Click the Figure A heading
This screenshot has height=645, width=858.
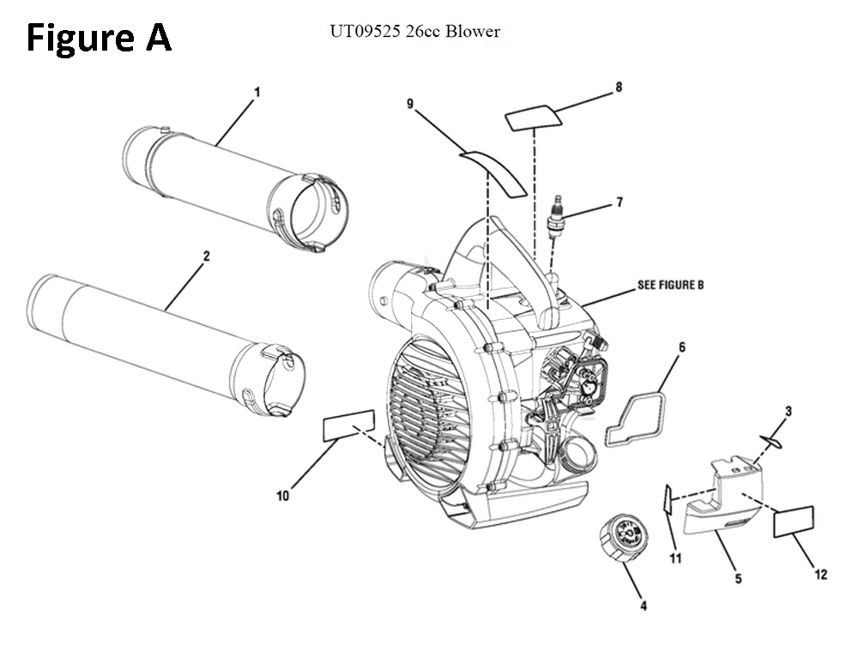click(x=99, y=39)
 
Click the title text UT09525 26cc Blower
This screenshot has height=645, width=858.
click(x=414, y=32)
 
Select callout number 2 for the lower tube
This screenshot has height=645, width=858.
click(x=207, y=256)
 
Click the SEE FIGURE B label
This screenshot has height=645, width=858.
click(x=670, y=284)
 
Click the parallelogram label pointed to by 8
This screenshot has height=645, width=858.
click(x=533, y=117)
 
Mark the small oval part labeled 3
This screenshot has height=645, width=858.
click(x=771, y=441)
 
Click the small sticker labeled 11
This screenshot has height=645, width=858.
click(x=667, y=499)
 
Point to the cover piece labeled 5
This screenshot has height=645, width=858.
click(x=726, y=506)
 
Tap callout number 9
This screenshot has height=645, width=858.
click(x=410, y=104)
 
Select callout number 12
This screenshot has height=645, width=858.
click(x=821, y=575)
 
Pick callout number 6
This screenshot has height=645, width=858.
click(x=682, y=347)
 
